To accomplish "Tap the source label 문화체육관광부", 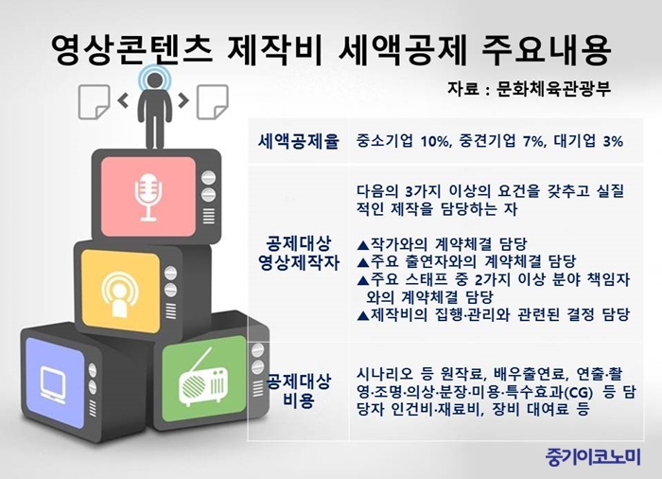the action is point(553,89).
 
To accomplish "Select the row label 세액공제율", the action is point(299,141).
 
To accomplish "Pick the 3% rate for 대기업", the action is point(613,141).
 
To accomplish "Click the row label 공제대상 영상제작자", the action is point(299,253).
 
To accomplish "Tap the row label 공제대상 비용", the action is point(299,391).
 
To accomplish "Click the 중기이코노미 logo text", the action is point(593,456).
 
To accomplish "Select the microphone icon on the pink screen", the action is point(148,197).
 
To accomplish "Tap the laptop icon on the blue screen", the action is point(53,384).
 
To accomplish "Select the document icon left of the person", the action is point(94,101).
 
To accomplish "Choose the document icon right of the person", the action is point(213,101).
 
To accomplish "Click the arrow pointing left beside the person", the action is point(123,100).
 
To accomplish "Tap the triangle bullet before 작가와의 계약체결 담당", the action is point(362,245).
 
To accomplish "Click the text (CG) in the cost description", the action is point(578,393).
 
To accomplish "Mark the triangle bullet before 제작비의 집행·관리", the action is point(362,315).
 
